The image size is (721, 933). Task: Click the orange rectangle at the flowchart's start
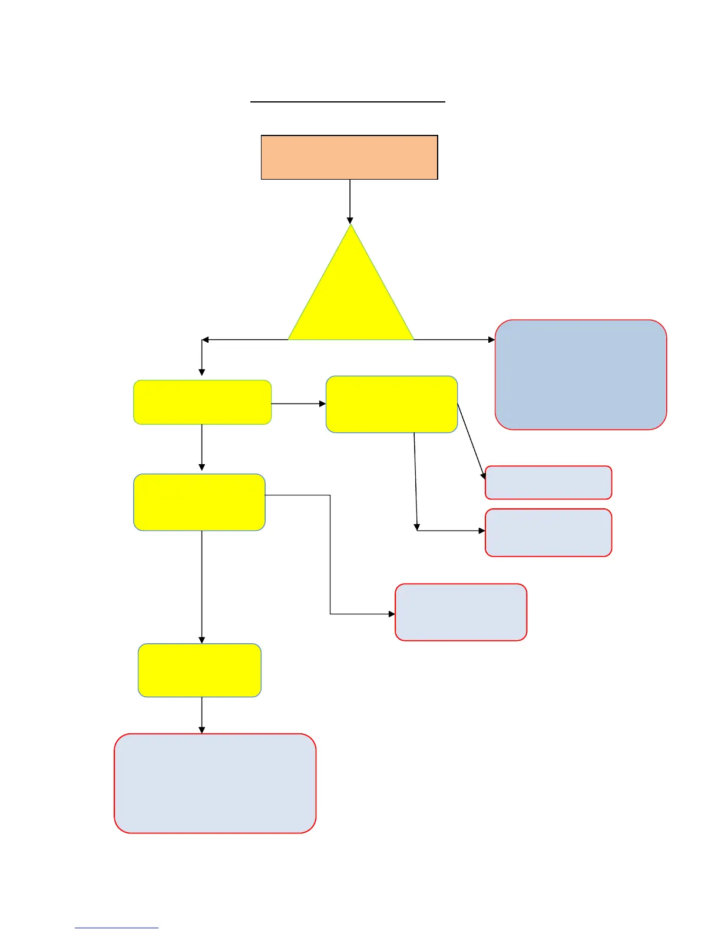pyautogui.click(x=349, y=157)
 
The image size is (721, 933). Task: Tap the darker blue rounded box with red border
pyautogui.click(x=581, y=375)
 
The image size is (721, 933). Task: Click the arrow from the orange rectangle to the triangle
pyautogui.click(x=350, y=200)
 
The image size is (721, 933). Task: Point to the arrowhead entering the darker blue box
pyautogui.click(x=491, y=340)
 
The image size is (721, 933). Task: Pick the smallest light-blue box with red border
pyautogui.click(x=548, y=482)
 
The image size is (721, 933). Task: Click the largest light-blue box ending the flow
pyautogui.click(x=215, y=783)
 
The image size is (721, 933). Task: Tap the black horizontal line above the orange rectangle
pyautogui.click(x=348, y=102)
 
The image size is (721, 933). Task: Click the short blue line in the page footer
pyautogui.click(x=117, y=928)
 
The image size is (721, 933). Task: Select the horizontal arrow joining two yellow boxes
pyautogui.click(x=298, y=403)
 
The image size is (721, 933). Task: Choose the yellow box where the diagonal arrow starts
pyautogui.click(x=392, y=404)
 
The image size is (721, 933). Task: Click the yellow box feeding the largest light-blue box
pyautogui.click(x=200, y=670)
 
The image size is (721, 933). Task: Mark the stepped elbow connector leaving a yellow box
pyautogui.click(x=330, y=554)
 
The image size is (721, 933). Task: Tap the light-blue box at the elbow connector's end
pyautogui.click(x=461, y=612)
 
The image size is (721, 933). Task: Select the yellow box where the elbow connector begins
pyautogui.click(x=200, y=502)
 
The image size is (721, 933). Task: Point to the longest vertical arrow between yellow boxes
pyautogui.click(x=202, y=586)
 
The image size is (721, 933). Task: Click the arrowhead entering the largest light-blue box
pyautogui.click(x=202, y=730)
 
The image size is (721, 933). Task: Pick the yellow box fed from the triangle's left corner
pyautogui.click(x=202, y=402)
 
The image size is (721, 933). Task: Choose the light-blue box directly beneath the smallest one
pyautogui.click(x=548, y=532)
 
